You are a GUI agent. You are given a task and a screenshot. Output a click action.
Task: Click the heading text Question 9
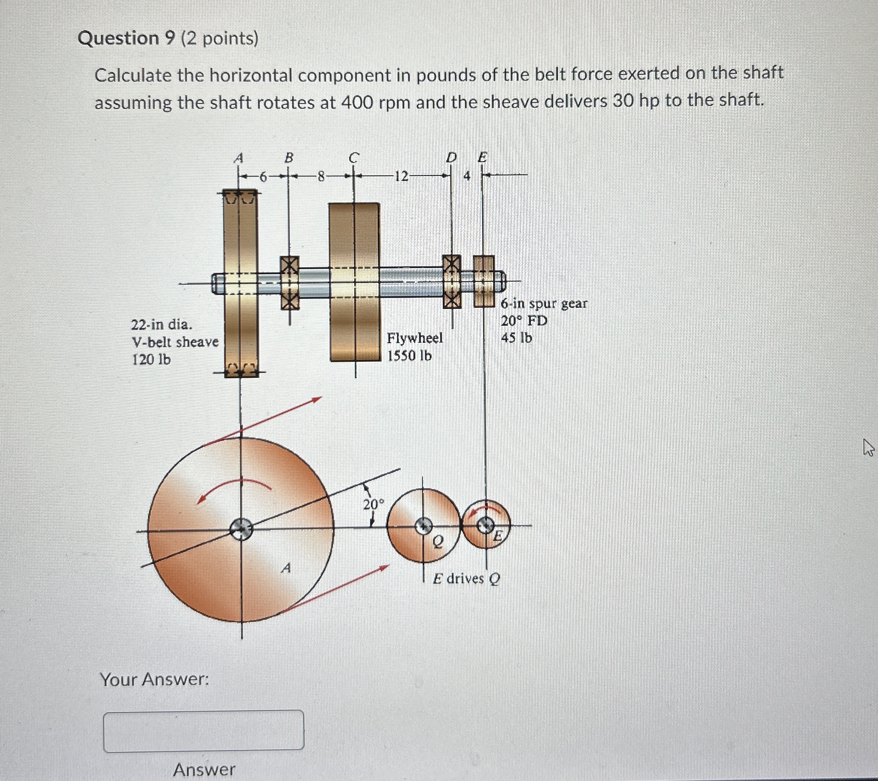(127, 39)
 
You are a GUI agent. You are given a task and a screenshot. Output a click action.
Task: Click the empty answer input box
(203, 731)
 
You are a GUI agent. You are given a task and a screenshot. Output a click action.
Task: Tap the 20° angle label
(373, 505)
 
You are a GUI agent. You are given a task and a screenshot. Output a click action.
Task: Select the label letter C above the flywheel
(353, 158)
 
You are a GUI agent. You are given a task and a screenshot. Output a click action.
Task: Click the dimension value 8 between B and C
(320, 176)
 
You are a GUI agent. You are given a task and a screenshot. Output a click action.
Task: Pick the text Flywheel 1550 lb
(414, 347)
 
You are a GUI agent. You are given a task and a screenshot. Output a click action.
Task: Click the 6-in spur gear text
(543, 303)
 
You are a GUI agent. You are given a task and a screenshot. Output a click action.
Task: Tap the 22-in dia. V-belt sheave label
(174, 342)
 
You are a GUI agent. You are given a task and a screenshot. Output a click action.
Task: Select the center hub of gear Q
(424, 525)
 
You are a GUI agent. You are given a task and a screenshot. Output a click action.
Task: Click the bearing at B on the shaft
(290, 282)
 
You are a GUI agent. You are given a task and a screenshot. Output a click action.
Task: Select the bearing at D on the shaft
(451, 281)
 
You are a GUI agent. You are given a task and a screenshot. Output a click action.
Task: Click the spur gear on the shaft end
(484, 281)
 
